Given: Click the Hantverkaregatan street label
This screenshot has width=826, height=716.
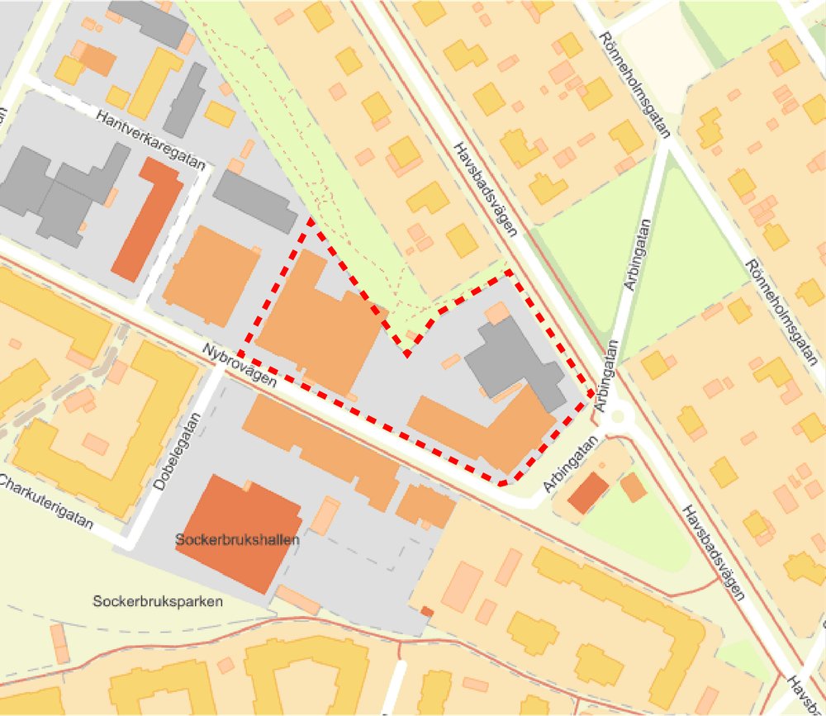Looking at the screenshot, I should point(150,140).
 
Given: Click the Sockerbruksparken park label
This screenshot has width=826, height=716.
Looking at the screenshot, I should point(158,602).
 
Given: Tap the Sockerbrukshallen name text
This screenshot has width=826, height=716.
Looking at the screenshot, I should point(237,538).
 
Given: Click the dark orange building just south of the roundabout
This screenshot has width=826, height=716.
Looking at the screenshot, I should point(588,492).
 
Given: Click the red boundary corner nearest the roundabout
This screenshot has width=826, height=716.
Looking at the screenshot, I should point(593,396).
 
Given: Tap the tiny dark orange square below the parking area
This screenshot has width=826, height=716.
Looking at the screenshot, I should point(427,611).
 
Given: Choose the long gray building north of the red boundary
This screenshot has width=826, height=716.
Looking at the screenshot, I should point(254,202).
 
